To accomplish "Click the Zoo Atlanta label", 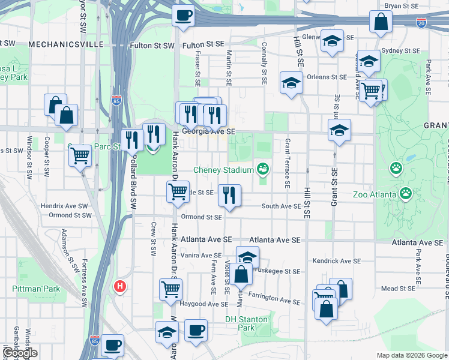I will pyautogui.click(x=375, y=194).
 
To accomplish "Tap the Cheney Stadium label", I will pyautogui.click(x=224, y=170).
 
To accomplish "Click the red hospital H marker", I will pyautogui.click(x=120, y=287).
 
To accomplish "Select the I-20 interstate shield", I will pyautogui.click(x=421, y=23).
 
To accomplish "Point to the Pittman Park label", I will pyautogui.click(x=36, y=289).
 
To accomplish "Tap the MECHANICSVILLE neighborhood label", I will pyautogui.click(x=62, y=45).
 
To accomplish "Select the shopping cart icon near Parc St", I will pyautogui.click(x=80, y=155).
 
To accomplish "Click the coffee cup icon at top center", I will pyautogui.click(x=183, y=15).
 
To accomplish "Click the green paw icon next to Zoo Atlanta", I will pyautogui.click(x=406, y=193).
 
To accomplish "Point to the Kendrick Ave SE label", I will pyautogui.click(x=336, y=262).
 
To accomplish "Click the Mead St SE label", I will pyautogui.click(x=398, y=289).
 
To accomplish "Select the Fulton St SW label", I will pyautogui.click(x=152, y=46).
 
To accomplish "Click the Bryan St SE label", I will pyautogui.click(x=401, y=5).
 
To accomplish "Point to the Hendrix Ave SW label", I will pyautogui.click(x=66, y=205).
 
